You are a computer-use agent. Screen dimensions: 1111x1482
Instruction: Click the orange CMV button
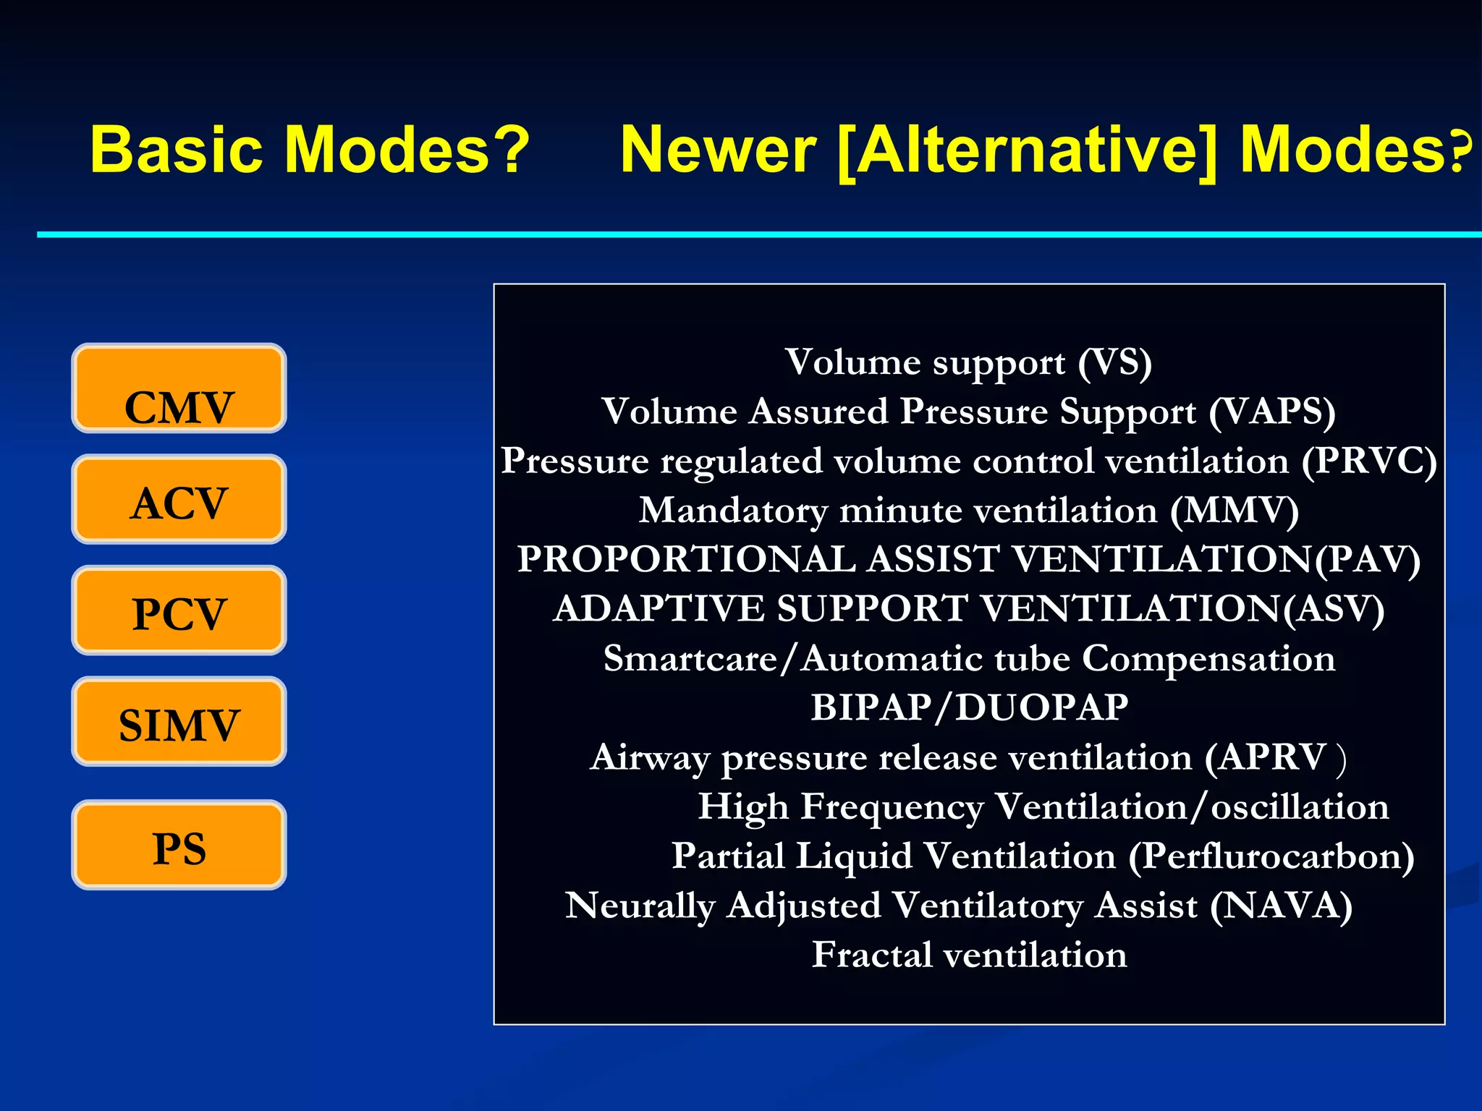[179, 389]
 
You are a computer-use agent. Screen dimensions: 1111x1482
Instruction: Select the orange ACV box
[179, 500]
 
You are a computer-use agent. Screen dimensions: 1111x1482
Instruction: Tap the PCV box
[179, 611]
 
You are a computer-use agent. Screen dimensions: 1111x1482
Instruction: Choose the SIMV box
[179, 722]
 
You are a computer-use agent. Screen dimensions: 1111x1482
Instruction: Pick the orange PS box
[179, 846]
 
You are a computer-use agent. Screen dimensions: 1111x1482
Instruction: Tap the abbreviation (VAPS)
[1271, 412]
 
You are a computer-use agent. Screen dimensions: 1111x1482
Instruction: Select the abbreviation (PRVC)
[1368, 461]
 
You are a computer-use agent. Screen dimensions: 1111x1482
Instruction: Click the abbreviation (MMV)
[1235, 511]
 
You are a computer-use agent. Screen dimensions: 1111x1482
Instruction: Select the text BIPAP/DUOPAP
[969, 708]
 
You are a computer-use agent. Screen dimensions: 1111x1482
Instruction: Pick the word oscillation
[1300, 807]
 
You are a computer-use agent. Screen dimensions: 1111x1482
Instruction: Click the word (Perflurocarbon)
[1271, 856]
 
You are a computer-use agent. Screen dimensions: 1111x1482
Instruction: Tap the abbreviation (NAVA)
[1281, 906]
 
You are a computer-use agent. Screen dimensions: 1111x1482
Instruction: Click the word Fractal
[872, 955]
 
